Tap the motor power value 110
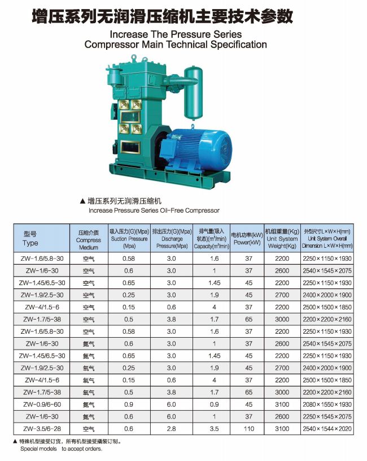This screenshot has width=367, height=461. [x=249, y=429]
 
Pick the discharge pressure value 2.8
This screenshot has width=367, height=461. [x=172, y=429]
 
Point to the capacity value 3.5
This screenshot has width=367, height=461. [x=214, y=429]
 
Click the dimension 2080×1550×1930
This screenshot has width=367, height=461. [x=327, y=404]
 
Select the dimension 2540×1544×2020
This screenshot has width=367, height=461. [x=327, y=429]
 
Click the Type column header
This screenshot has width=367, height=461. [x=30, y=238]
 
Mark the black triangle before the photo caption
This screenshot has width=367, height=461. [x=83, y=201]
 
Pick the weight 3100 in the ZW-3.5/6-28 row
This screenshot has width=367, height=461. [x=282, y=429]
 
